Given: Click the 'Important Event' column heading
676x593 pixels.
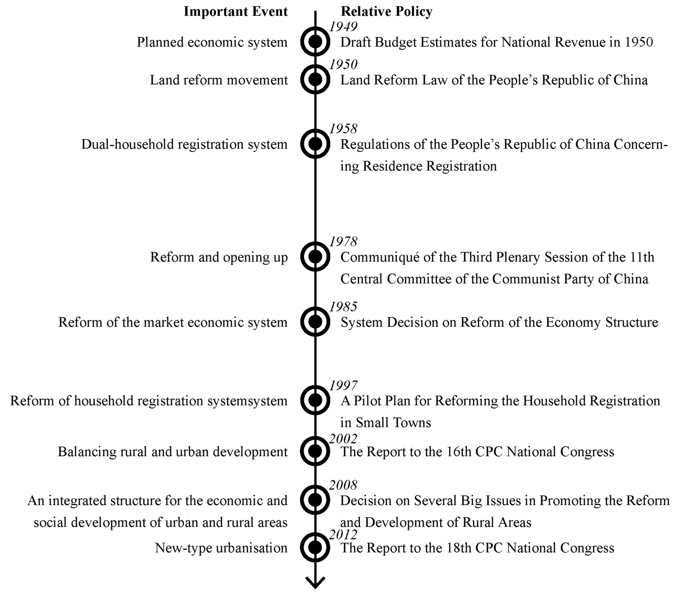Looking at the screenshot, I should tap(236, 12).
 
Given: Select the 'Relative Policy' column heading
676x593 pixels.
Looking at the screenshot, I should tap(386, 12).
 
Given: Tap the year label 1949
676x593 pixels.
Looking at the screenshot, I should tap(343, 26).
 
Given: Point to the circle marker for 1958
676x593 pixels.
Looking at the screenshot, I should tap(315, 144).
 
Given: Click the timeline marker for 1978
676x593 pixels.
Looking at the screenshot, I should tap(315, 257).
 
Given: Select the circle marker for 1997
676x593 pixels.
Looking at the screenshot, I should tap(315, 400).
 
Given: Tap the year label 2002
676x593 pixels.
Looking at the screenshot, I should tap(343, 439).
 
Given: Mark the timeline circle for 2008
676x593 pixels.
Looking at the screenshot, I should tap(315, 500).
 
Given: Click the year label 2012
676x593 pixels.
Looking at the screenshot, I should tap(343, 534).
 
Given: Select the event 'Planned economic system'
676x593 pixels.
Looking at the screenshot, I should tap(212, 42).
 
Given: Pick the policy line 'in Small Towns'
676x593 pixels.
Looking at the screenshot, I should tap(386, 423).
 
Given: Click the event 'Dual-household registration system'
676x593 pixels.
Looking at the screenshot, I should tap(184, 144).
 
